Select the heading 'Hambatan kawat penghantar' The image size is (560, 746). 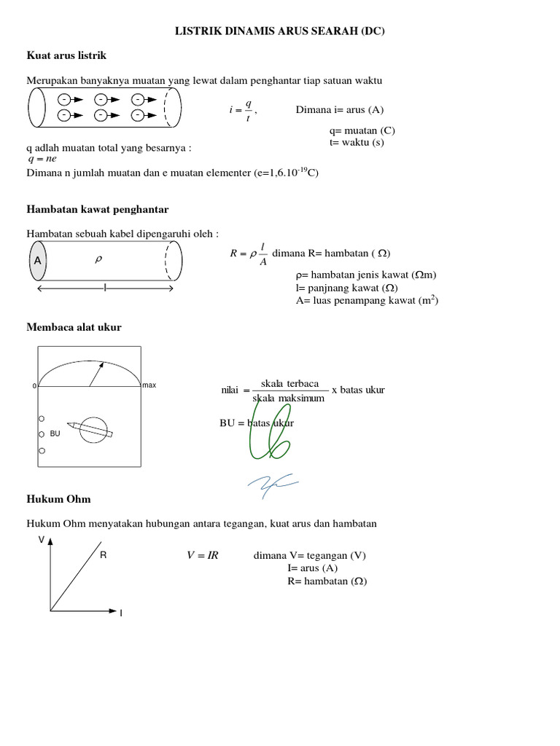point(98,209)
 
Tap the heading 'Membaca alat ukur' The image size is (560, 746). point(74,327)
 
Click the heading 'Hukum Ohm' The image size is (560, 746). point(59,499)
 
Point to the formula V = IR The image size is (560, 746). point(203,555)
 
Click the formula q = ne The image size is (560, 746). point(42,159)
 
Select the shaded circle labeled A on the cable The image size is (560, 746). point(37,261)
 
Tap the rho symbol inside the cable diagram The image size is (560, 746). point(98,259)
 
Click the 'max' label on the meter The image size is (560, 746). point(149,385)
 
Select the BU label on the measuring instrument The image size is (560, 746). point(55,433)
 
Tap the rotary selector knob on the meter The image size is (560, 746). point(93,430)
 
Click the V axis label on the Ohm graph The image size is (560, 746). point(42,540)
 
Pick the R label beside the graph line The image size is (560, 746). point(103,555)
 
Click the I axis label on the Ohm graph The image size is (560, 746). point(121,613)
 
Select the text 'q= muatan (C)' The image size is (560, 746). point(362,130)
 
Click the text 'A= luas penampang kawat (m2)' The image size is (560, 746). point(367,299)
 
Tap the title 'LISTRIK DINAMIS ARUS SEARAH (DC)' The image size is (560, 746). point(280,31)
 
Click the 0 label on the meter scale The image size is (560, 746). point(34,385)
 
